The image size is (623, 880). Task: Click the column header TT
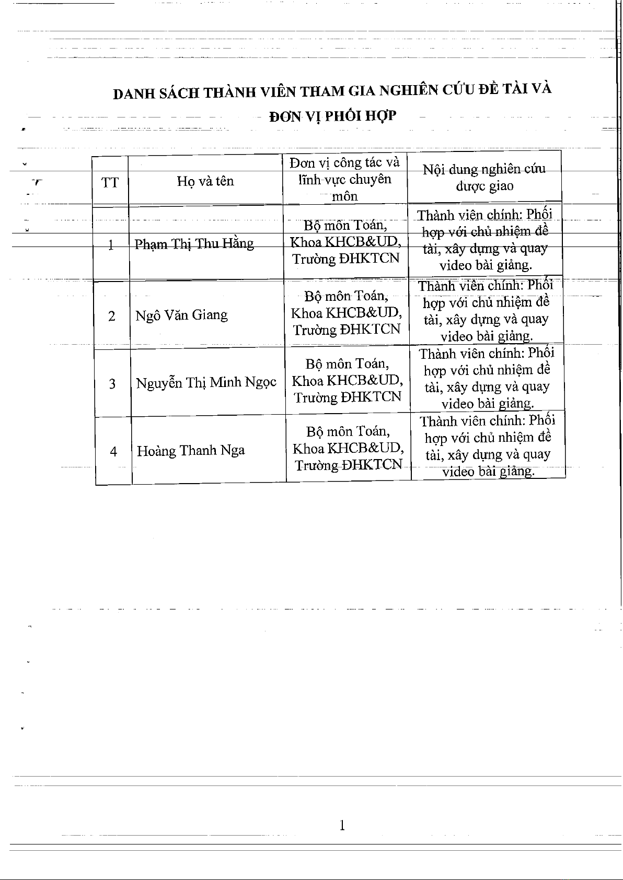[110, 183]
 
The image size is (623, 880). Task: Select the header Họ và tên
[205, 181]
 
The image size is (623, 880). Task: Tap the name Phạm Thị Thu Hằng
[194, 244]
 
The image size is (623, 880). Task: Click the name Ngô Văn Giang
[181, 315]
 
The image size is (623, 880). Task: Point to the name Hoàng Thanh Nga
[191, 451]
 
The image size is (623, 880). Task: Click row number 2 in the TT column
[112, 316]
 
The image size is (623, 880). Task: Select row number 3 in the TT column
[112, 384]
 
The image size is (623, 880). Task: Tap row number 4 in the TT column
[113, 452]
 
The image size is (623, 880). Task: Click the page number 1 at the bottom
[342, 825]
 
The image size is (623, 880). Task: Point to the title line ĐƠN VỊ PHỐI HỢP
[332, 116]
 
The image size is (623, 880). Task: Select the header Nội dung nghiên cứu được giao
[484, 177]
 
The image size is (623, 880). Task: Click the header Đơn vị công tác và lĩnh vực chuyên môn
[345, 179]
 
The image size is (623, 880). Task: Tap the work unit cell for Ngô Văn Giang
[347, 313]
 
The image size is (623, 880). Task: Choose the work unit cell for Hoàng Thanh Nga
[348, 448]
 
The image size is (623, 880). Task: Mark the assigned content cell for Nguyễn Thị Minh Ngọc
[487, 378]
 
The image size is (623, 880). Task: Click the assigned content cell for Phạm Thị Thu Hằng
[485, 240]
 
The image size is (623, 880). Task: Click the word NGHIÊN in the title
[408, 90]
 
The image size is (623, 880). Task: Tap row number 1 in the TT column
[111, 245]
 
